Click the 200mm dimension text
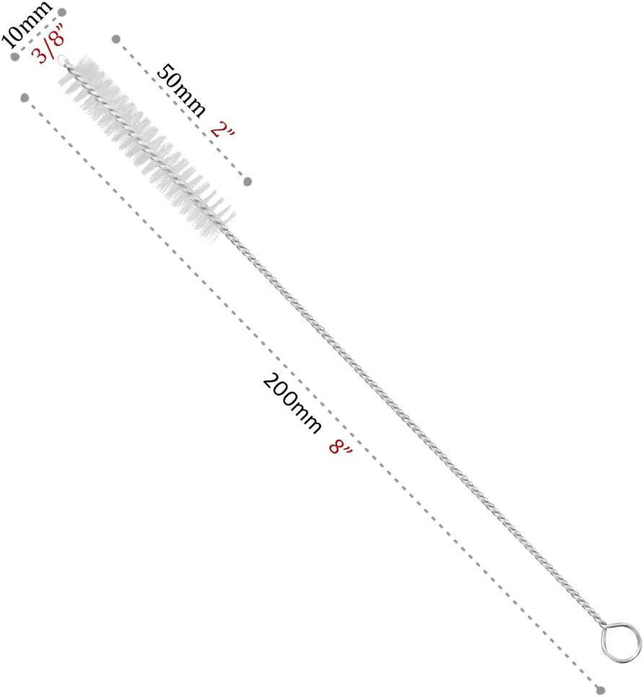click(292, 403)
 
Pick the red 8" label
click(340, 446)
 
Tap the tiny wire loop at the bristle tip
click(62, 58)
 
